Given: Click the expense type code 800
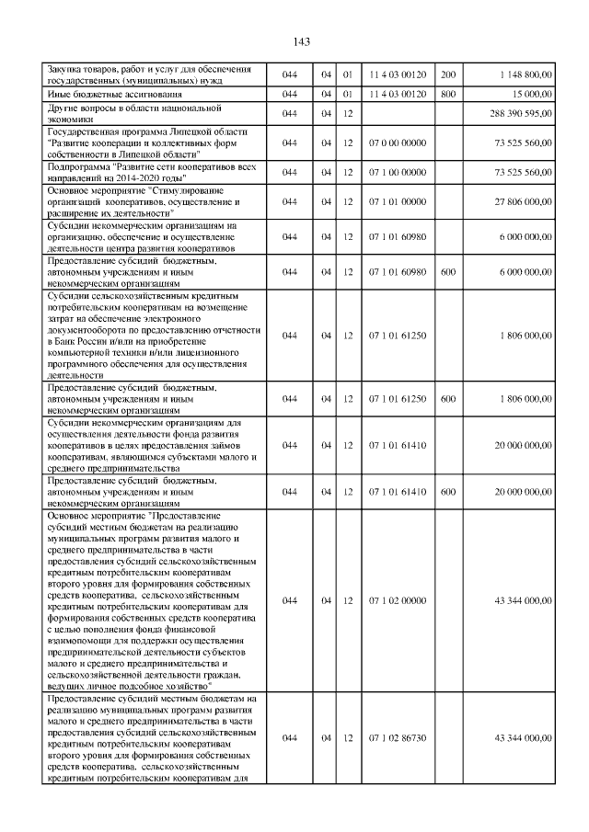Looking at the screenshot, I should (x=448, y=94).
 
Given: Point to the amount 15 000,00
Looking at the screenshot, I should (x=531, y=94).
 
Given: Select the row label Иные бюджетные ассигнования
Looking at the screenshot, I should (x=101, y=94).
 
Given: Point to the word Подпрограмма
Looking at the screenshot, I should (x=78, y=166).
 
